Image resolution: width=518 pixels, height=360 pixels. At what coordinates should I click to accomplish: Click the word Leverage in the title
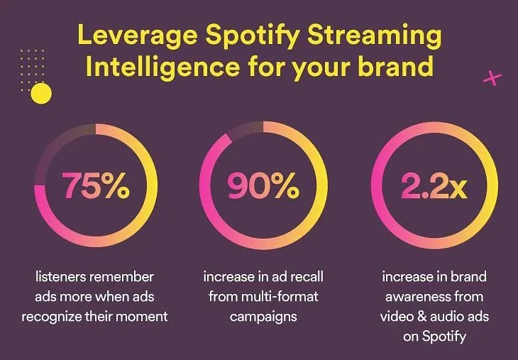[x=138, y=36]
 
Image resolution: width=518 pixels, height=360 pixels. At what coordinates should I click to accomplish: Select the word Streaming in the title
[x=374, y=36]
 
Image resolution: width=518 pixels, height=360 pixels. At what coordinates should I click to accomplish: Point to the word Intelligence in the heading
[x=162, y=67]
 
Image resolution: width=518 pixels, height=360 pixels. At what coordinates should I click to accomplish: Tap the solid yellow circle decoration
[x=41, y=94]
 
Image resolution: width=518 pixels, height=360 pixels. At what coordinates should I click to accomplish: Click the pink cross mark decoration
[x=492, y=78]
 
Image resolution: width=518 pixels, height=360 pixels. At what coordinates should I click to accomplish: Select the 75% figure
[x=96, y=185]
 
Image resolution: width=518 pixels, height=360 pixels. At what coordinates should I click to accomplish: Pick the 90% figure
[x=263, y=186]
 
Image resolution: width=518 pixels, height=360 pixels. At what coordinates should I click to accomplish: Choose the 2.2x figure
[x=434, y=186]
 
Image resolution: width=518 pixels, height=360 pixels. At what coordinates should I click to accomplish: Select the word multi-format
[x=280, y=297]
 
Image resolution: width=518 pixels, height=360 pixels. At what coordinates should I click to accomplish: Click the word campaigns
[x=263, y=317]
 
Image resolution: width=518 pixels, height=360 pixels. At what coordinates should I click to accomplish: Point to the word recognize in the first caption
[x=52, y=317]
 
